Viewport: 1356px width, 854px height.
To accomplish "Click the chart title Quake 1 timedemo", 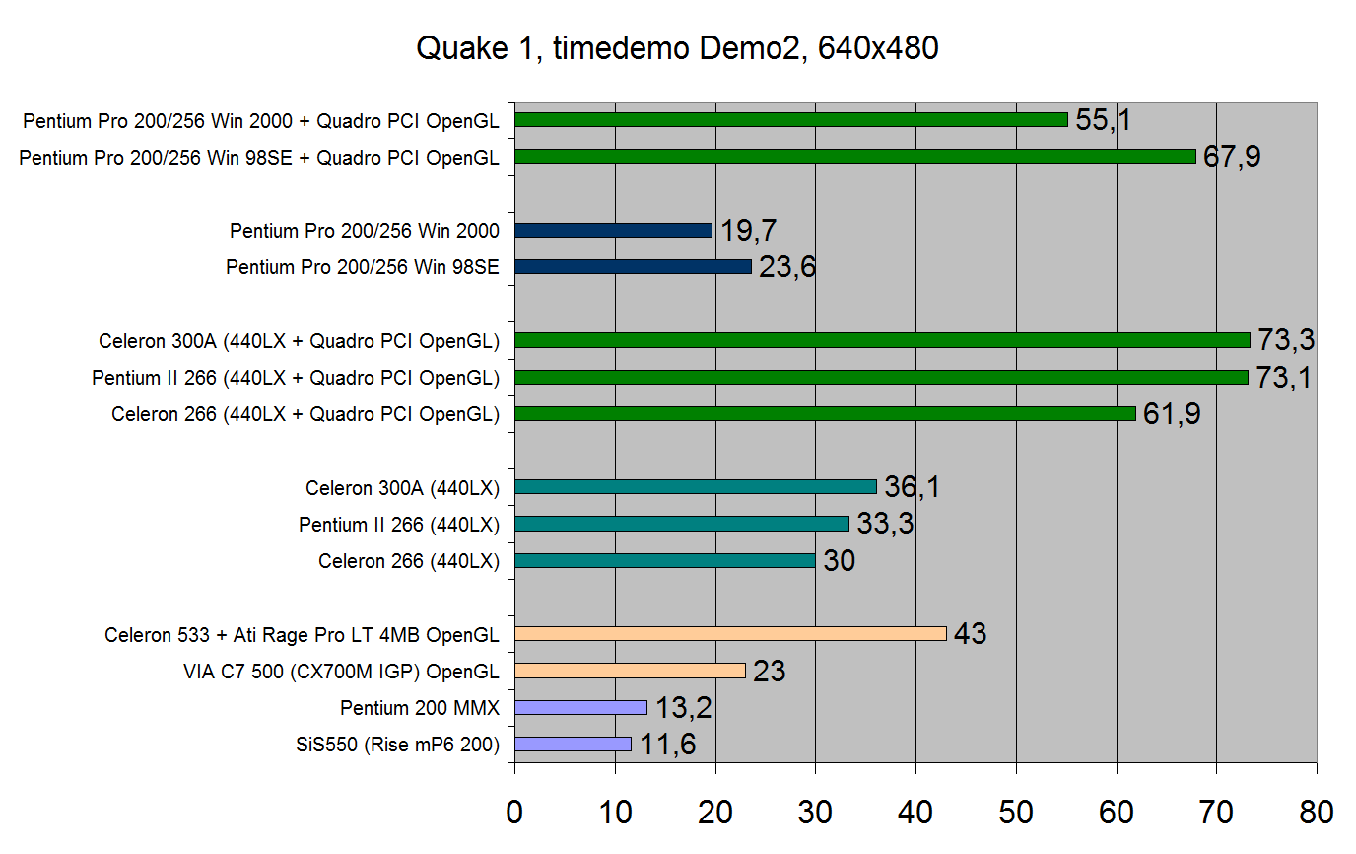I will point(677,48).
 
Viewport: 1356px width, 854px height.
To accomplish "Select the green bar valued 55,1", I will point(791,119).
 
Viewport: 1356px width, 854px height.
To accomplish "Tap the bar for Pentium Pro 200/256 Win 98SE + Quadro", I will point(854,156).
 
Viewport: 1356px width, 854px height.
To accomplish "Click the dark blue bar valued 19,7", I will point(613,230).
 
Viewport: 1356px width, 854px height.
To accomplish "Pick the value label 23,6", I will point(787,267).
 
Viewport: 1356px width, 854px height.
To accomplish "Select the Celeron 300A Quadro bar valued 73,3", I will point(882,340).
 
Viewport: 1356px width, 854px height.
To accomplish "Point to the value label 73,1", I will point(1283,378).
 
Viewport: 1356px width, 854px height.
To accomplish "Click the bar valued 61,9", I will point(825,414).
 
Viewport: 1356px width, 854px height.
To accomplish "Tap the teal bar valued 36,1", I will point(696,486).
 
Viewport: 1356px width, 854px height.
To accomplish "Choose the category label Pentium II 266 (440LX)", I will point(399,525).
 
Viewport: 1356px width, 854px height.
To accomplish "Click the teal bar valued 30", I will point(665,560).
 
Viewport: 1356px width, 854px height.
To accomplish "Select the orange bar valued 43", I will point(730,633).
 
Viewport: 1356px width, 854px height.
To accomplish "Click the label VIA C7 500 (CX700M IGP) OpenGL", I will point(341,672).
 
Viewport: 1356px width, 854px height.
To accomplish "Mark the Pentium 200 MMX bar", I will point(580,707).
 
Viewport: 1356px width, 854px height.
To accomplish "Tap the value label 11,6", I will point(668,745).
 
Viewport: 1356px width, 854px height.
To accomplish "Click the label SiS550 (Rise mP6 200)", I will point(397,746).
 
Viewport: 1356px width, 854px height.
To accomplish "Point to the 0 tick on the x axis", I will point(514,812).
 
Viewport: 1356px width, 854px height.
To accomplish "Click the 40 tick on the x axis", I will point(915,812).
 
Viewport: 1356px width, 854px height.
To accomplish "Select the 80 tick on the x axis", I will point(1316,812).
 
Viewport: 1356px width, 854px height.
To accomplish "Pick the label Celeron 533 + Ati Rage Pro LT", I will point(302,635).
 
